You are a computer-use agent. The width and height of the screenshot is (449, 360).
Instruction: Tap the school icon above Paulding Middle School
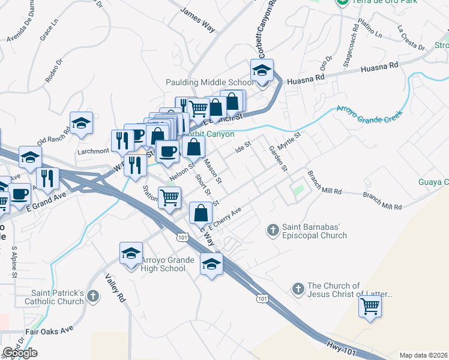click(262, 71)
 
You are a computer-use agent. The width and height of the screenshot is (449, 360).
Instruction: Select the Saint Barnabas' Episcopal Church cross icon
click(273, 229)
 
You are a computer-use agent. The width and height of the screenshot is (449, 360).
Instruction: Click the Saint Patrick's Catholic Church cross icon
click(92, 296)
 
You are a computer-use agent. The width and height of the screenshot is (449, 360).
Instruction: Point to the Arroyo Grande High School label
click(163, 264)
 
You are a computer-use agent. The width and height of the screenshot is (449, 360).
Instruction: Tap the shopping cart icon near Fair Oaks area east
click(370, 306)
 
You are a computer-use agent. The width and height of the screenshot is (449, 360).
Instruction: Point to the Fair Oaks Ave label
click(49, 331)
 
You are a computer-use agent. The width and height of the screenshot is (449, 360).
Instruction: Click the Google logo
click(20, 353)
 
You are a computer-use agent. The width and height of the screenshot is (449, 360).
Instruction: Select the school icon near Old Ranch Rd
click(81, 123)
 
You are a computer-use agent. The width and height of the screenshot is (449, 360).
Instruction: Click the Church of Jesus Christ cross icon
click(298, 289)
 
